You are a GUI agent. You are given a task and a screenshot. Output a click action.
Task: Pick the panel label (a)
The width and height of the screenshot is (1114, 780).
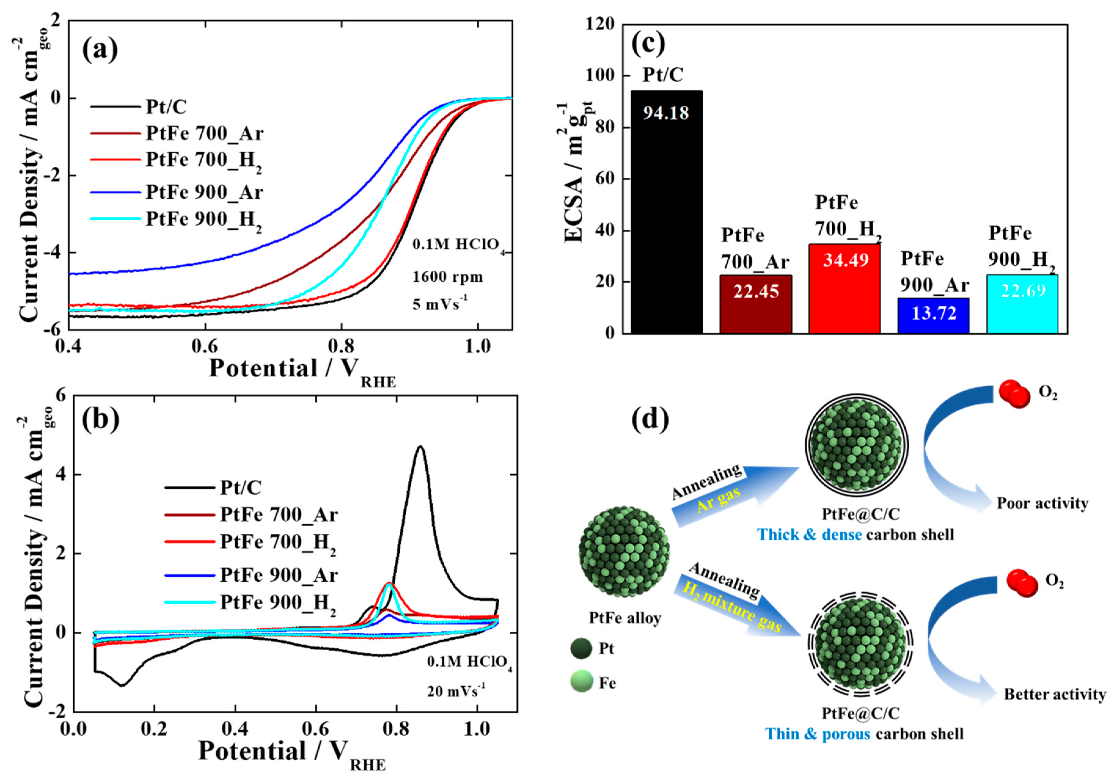point(100,50)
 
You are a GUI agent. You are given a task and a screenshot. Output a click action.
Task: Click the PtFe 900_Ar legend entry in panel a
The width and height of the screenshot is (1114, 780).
point(204,193)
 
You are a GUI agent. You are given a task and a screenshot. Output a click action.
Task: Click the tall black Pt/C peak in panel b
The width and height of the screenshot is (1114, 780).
point(420,449)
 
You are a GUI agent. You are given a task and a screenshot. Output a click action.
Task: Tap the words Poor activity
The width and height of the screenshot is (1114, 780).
point(1042,504)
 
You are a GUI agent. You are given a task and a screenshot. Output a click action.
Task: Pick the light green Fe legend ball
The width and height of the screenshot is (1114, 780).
point(581,682)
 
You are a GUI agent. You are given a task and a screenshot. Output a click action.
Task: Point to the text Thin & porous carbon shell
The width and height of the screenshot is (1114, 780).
point(864,734)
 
